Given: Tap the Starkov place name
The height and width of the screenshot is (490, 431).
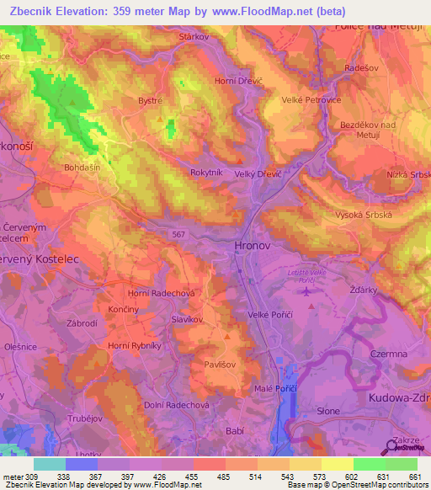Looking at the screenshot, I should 194,38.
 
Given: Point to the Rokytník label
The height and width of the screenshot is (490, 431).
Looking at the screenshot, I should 207,173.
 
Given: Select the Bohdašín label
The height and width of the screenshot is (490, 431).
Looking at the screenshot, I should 82,168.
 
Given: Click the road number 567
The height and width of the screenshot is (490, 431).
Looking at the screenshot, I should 177,234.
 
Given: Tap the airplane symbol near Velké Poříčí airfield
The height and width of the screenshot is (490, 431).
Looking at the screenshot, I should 306,291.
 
